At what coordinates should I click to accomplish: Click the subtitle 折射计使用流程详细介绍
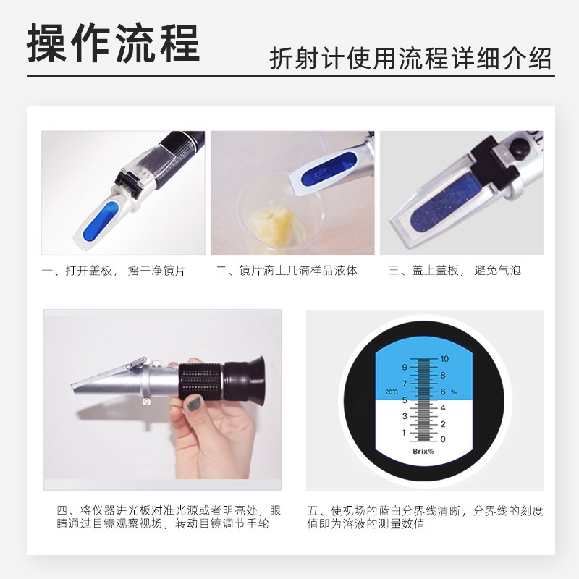[x=410, y=58]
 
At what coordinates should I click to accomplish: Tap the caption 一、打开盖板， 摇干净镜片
[x=114, y=271]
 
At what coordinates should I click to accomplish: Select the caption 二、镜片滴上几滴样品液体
[x=287, y=271]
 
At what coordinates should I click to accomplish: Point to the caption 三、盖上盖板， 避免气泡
[x=455, y=271]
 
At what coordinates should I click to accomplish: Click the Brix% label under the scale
[x=424, y=452]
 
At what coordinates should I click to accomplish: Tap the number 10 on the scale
[x=445, y=359]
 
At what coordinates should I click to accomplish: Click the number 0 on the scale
[x=443, y=439]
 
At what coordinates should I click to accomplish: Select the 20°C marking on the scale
[x=391, y=392]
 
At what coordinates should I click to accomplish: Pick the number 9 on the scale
[x=405, y=367]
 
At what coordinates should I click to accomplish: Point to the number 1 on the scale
[x=405, y=432]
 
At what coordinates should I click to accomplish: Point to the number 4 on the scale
[x=443, y=407]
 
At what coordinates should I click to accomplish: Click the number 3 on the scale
[x=405, y=415]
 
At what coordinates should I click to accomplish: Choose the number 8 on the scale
[x=443, y=376]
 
